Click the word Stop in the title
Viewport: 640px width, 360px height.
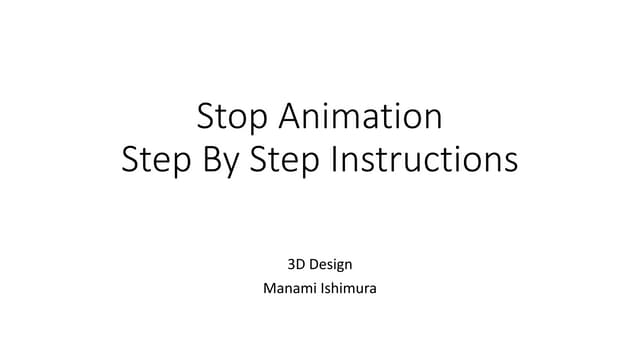pyautogui.click(x=234, y=117)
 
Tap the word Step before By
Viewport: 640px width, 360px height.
pyautogui.click(x=155, y=160)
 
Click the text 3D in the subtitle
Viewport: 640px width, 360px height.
pyautogui.click(x=296, y=266)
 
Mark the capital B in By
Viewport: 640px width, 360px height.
pyautogui.click(x=211, y=160)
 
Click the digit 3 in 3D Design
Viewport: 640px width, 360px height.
pyautogui.click(x=292, y=266)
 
